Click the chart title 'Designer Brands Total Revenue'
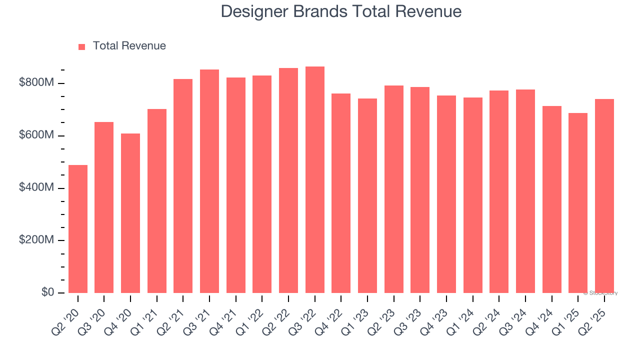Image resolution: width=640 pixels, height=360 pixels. tap(341, 11)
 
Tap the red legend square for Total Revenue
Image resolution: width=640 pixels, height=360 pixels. tap(82, 46)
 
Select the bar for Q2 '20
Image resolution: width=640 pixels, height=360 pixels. tap(78, 229)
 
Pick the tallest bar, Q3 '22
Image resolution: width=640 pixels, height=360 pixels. tap(315, 180)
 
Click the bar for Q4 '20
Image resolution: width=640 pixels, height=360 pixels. tap(130, 213)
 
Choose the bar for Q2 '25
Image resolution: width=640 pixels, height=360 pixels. tap(604, 196)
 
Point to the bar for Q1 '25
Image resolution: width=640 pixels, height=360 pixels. tap(578, 203)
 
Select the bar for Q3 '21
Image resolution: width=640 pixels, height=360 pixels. tap(209, 181)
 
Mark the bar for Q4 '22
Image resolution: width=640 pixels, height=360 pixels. tap(341, 193)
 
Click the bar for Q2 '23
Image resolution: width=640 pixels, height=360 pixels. tap(394, 189)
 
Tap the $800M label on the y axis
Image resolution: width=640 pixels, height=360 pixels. tap(36, 83)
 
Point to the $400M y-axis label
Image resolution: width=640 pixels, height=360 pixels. tap(36, 188)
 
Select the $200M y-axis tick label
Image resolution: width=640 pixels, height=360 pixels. tap(36, 240)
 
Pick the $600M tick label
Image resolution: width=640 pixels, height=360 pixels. tap(36, 135)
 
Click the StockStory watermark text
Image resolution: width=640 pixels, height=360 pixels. tap(600, 293)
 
